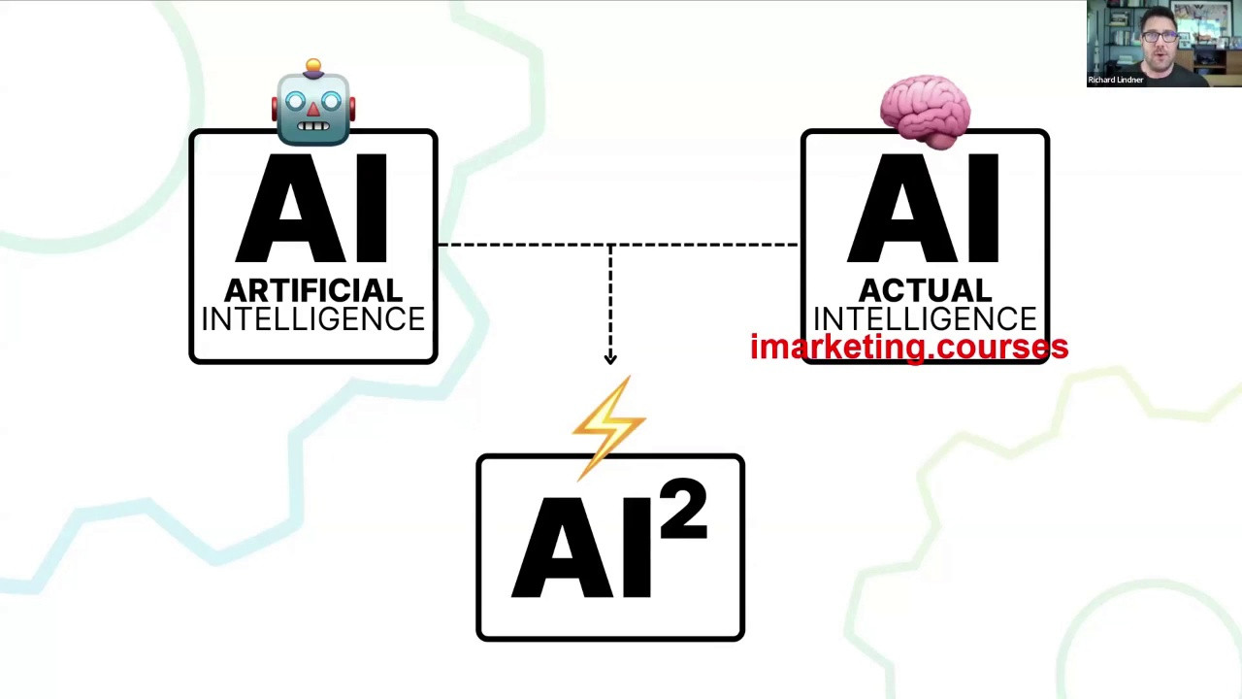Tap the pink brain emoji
pos(925,112)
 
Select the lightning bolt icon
pos(608,428)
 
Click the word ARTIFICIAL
pos(313,290)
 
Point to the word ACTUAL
pos(925,290)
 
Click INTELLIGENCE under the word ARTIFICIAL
pos(313,319)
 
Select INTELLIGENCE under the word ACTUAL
pos(925,318)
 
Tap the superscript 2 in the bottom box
pos(684,509)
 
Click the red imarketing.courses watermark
pos(909,347)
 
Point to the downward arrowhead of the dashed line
pos(610,359)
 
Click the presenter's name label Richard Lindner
pos(1115,80)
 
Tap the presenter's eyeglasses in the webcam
pos(1159,37)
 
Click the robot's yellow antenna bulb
pos(313,66)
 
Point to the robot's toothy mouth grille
pos(313,126)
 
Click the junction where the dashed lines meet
pos(610,245)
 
